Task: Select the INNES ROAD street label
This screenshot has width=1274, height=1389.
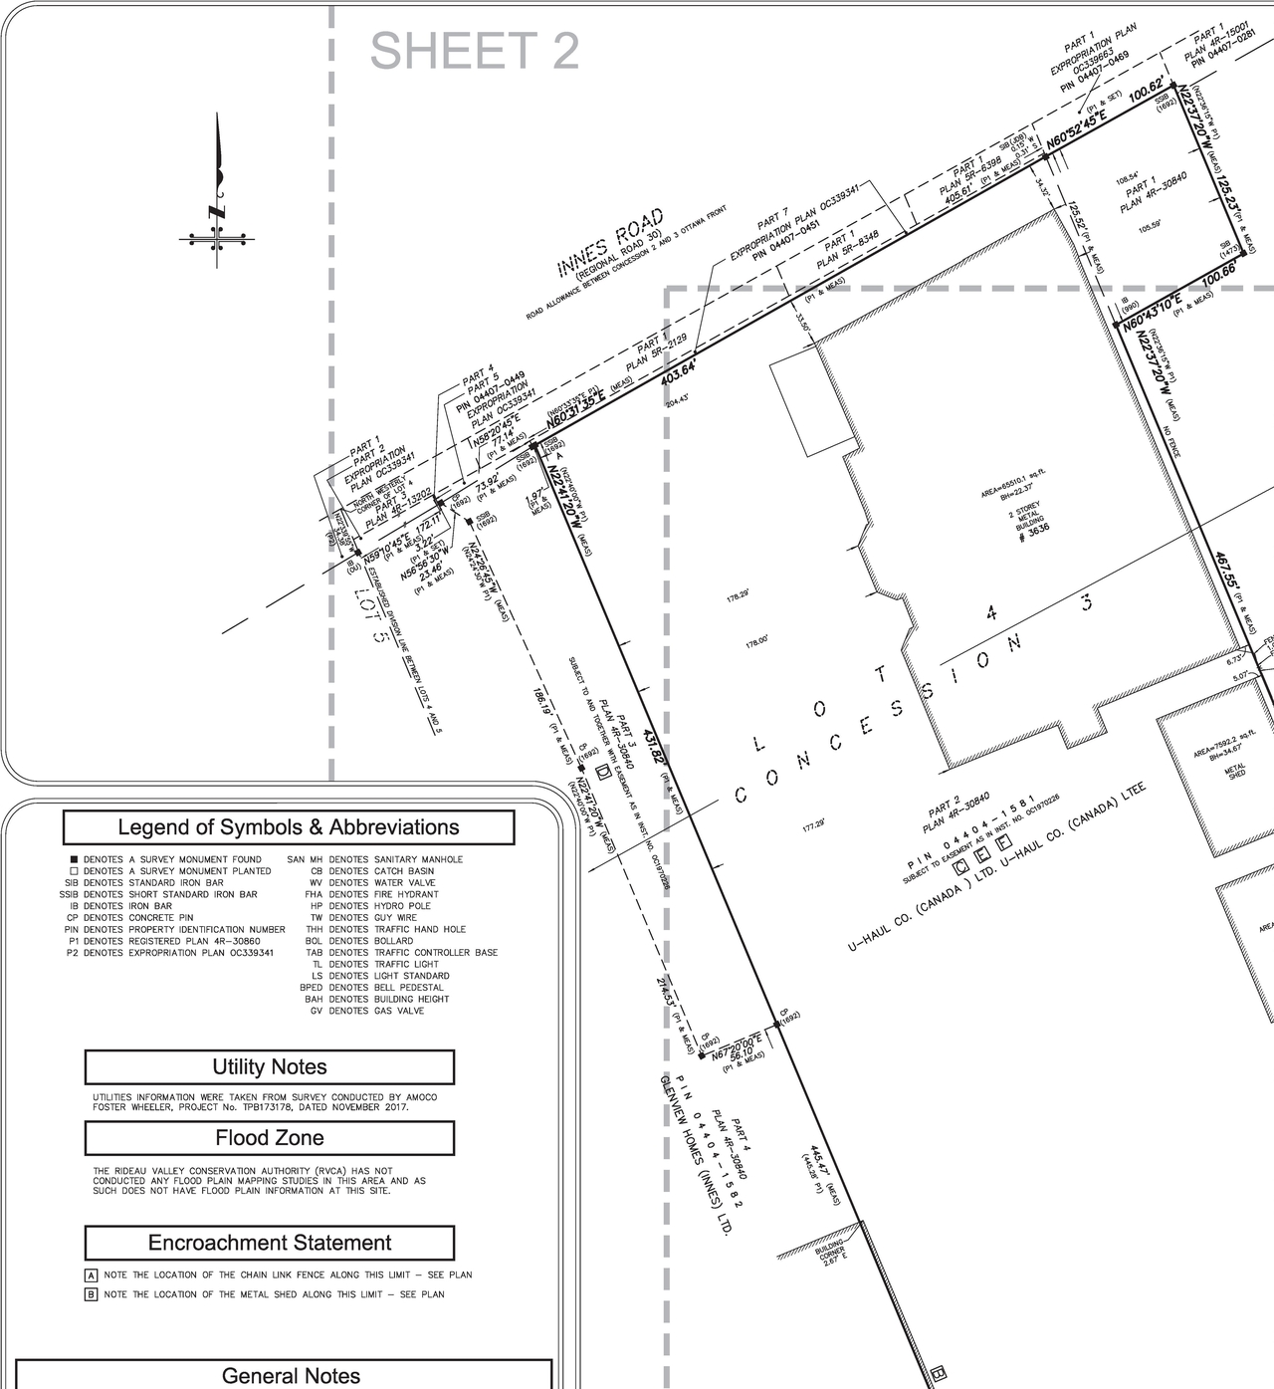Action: click(x=610, y=244)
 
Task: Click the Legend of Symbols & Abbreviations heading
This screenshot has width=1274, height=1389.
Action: click(x=289, y=827)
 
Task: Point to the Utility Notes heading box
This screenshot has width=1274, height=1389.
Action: click(x=270, y=1067)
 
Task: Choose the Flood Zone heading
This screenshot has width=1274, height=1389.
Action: click(x=270, y=1138)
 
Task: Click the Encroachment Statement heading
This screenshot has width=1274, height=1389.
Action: click(x=270, y=1243)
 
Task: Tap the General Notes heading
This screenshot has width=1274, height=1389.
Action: click(x=291, y=1376)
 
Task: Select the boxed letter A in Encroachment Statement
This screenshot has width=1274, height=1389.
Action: click(x=91, y=1274)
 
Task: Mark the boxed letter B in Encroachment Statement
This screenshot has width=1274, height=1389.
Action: click(x=91, y=1294)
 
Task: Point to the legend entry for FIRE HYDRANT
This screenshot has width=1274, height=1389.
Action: click(x=372, y=894)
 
